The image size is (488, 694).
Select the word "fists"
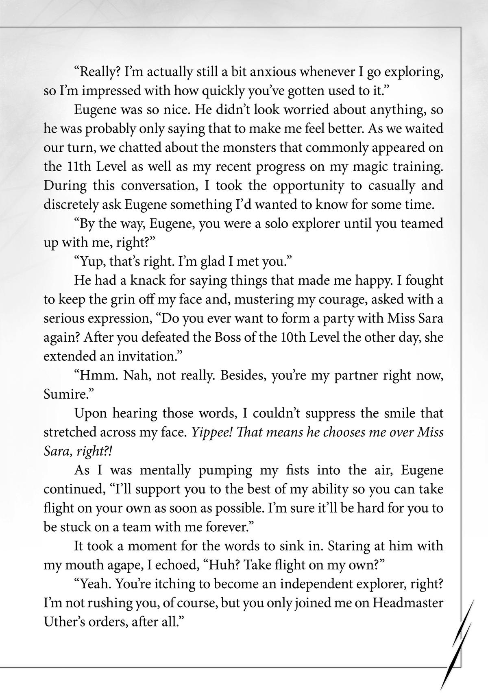click(x=296, y=470)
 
